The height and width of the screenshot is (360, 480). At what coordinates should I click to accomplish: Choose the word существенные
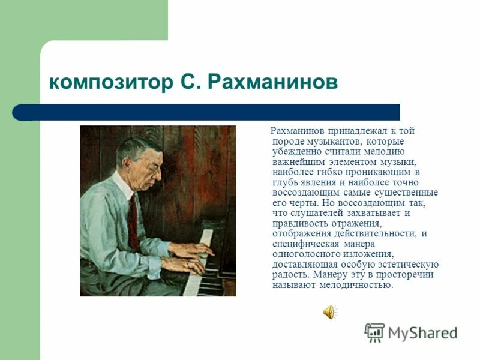408,193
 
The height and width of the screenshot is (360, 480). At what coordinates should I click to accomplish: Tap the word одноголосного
304,254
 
